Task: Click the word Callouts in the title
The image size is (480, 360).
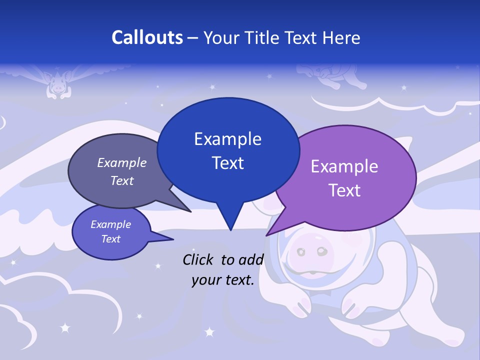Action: tap(147, 37)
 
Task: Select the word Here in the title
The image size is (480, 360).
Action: tap(341, 37)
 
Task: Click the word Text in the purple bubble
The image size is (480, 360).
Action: tap(344, 190)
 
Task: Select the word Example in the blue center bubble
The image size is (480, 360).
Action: tap(227, 138)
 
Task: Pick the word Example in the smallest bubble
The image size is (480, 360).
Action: tap(111, 224)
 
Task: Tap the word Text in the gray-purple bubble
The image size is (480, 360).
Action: tap(122, 181)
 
